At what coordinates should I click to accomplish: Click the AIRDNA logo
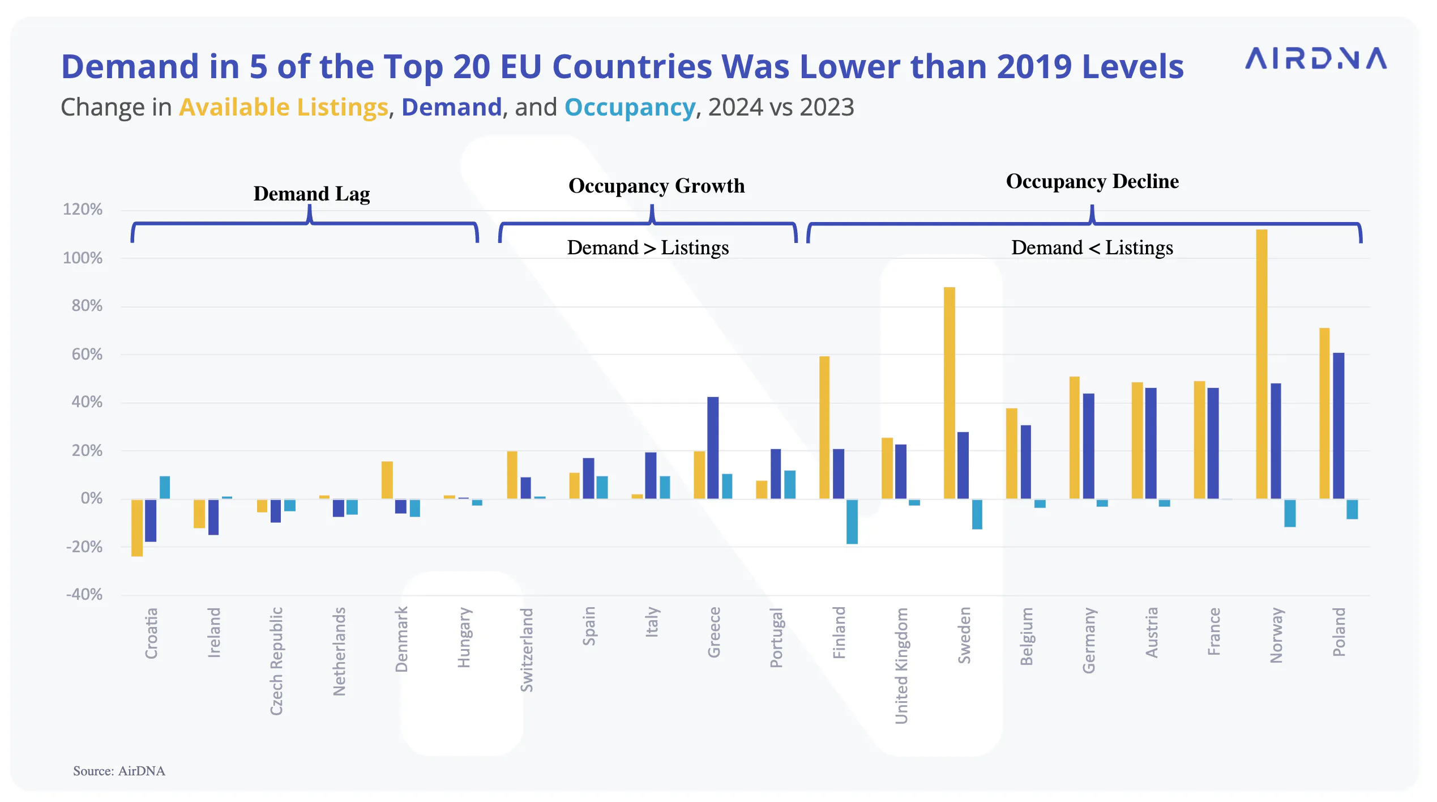tap(1315, 58)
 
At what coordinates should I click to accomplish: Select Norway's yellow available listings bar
tap(1261, 364)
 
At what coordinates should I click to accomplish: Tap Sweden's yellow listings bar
tap(950, 393)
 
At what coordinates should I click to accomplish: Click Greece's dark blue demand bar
tap(713, 448)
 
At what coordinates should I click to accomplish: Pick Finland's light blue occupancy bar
tap(852, 522)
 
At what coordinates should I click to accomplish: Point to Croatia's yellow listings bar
tap(137, 528)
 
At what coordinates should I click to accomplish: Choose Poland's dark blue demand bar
tap(1338, 426)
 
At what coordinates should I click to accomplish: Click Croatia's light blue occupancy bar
tap(165, 488)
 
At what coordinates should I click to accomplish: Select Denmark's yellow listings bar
tap(387, 480)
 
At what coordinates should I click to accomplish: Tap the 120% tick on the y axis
tap(83, 210)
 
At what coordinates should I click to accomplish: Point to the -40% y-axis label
tap(84, 595)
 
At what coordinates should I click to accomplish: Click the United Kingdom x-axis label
tap(901, 666)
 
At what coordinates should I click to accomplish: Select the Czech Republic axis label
tap(276, 662)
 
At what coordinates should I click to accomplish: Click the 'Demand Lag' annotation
tap(312, 194)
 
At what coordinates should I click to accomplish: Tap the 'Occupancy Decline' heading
tap(1093, 181)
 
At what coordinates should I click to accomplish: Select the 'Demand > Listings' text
tap(648, 248)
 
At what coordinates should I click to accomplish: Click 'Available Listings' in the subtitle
tap(284, 108)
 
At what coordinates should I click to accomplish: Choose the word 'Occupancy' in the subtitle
tap(630, 108)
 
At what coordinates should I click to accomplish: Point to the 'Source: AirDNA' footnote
tap(119, 771)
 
